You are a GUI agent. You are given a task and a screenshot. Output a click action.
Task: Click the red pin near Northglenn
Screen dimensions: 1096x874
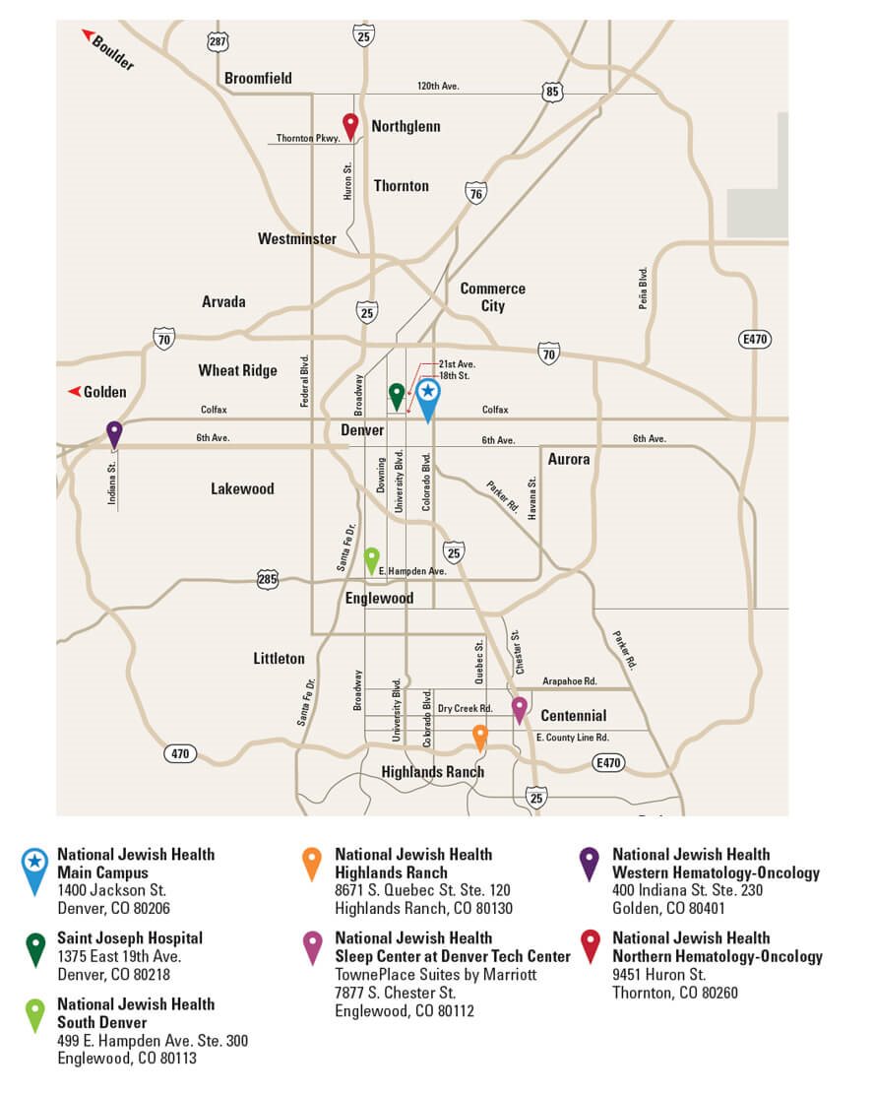(x=350, y=125)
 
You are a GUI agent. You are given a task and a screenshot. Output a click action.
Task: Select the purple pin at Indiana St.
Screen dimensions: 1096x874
(x=114, y=432)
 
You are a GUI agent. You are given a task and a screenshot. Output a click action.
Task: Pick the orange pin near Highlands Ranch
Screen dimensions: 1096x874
(x=480, y=735)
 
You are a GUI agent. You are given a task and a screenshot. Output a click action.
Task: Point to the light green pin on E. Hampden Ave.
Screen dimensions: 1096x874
(x=371, y=558)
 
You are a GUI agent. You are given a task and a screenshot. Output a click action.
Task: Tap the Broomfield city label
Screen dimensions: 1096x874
(x=258, y=79)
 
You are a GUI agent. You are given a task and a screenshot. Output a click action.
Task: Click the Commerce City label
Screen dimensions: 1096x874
(x=492, y=297)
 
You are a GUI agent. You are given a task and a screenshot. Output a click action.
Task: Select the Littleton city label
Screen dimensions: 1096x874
(x=279, y=658)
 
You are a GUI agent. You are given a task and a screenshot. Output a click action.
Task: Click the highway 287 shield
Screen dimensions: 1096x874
(x=218, y=41)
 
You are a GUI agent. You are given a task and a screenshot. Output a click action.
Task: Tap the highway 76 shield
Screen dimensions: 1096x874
(x=476, y=194)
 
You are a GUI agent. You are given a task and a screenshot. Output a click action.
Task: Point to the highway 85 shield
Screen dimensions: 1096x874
(x=552, y=93)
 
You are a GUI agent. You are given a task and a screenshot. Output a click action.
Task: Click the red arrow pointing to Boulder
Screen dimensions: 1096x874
(x=89, y=35)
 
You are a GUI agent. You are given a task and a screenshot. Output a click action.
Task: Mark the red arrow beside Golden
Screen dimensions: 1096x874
(x=74, y=392)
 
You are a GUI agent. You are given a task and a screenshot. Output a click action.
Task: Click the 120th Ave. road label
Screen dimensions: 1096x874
(x=438, y=87)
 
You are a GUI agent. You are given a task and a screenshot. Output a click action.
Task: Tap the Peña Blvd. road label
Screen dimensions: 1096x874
(x=643, y=289)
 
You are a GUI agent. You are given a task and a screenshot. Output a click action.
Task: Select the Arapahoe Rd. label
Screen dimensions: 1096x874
(x=570, y=680)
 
